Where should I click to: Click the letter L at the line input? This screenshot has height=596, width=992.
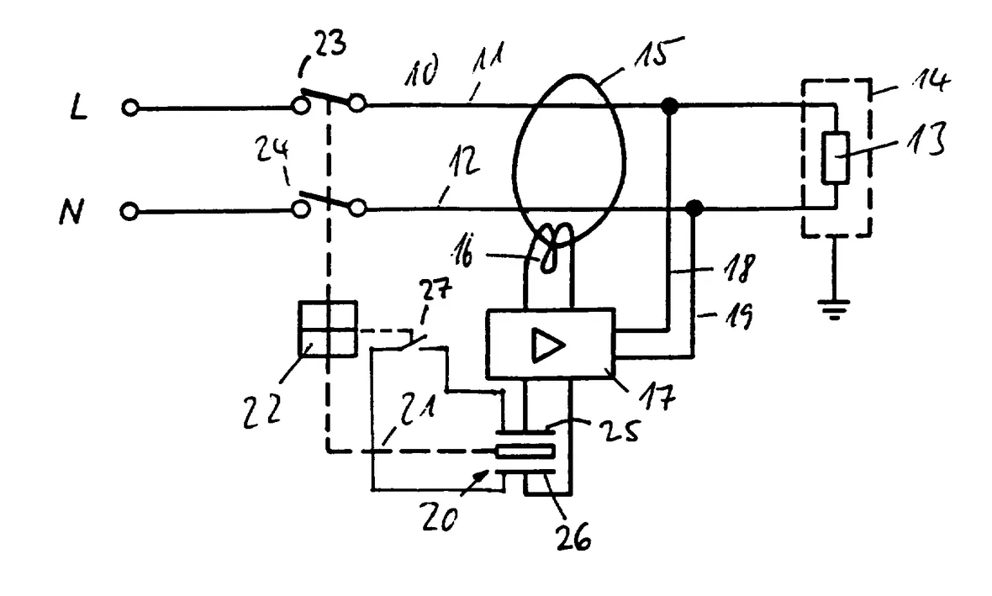point(78,108)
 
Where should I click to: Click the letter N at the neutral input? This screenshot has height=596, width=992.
point(71,211)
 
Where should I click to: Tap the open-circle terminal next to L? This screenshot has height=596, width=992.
point(129,108)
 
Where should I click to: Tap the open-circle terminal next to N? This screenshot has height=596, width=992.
point(129,211)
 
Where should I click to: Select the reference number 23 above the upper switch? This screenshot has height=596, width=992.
point(330,45)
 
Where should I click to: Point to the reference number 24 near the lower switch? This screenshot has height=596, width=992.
point(272,150)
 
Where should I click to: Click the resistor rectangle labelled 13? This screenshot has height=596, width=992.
point(835,158)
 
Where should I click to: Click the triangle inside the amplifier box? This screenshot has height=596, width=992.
point(548,345)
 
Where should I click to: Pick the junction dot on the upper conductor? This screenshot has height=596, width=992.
point(668,106)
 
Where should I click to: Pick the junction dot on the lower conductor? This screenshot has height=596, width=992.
point(694,208)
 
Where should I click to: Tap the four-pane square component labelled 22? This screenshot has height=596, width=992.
point(328,329)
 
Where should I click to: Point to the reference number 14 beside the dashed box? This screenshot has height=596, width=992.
point(930,81)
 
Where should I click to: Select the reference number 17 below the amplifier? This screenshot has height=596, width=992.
point(658,395)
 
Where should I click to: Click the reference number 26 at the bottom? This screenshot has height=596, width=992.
point(573,536)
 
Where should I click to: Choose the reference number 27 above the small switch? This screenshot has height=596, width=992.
point(436,290)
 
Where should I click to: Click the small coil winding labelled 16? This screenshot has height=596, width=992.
point(553,250)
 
